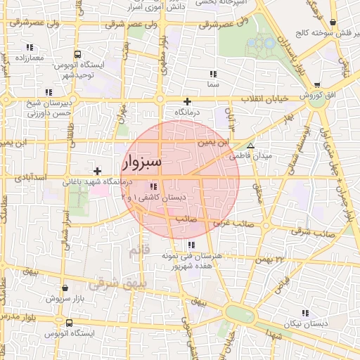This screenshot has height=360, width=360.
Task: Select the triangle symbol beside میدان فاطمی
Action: pos(250,145)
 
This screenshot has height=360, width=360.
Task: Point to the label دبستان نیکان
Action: pos(304,323)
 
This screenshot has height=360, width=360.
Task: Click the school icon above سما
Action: pos(212,74)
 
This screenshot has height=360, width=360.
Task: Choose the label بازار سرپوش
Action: pos(65,298)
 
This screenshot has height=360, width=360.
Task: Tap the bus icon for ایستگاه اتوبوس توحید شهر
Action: pos(77,54)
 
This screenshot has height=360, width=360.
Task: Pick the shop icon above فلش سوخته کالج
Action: pos(332,22)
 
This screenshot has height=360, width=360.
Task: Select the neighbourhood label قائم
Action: pos(139,250)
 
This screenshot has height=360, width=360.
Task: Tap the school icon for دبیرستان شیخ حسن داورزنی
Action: pos(49,92)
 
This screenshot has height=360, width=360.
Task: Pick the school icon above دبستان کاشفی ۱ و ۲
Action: pos(153,186)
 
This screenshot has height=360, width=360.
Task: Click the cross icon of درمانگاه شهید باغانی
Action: pos(97,171)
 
